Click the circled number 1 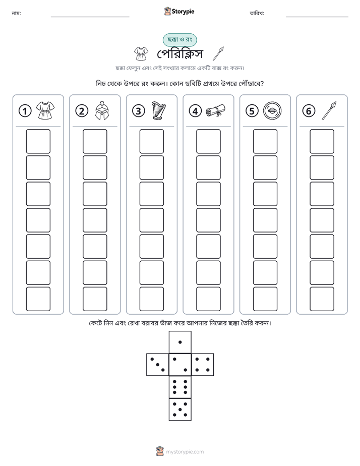point(25,111)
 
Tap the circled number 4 point(195,111)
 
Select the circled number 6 point(309,111)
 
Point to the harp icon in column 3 point(158,110)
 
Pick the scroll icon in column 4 point(216,111)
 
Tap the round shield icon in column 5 point(272,111)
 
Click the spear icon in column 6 point(329,110)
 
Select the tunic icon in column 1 point(45,110)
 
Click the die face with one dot point(180,342)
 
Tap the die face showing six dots point(180,387)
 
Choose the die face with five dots point(180,409)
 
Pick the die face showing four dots point(202,365)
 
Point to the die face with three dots point(158,365)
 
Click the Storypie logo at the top point(179,11)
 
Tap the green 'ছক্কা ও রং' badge point(179,40)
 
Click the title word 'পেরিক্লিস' point(180,54)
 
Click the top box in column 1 point(38,141)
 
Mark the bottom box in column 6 point(322,299)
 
